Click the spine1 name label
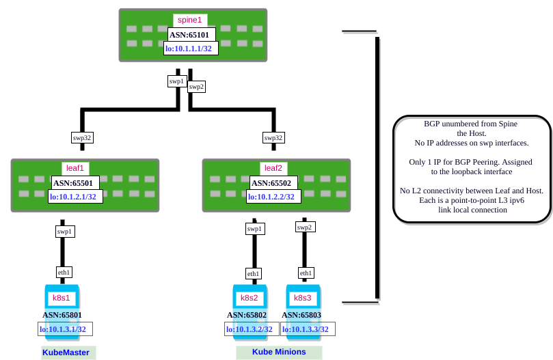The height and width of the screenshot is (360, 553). pos(190,20)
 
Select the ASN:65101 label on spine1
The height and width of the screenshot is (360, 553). pos(191,34)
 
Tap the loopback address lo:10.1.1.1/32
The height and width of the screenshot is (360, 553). pos(191,48)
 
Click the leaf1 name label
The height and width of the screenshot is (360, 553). pos(75,168)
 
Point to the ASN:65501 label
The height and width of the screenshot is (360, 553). pos(76,182)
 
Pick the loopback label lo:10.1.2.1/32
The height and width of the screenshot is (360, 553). pos(75,197)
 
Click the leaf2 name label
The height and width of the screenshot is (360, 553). pos(273,168)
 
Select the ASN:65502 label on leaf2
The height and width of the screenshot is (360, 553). pos(271,182)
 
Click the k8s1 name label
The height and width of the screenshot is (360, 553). pos(62,298)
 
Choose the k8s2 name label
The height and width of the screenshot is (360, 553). pos(249,298)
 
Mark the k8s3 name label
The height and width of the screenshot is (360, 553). pos(303,298)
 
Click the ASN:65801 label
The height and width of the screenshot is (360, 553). pos(65,315)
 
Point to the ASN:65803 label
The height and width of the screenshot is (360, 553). pos(304,315)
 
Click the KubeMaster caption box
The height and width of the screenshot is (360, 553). pos(68,352)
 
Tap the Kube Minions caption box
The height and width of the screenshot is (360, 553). pos(279,352)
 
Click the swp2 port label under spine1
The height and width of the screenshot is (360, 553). pos(196,87)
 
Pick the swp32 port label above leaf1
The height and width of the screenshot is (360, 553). pos(82,137)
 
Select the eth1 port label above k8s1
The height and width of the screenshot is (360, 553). pos(64,272)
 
